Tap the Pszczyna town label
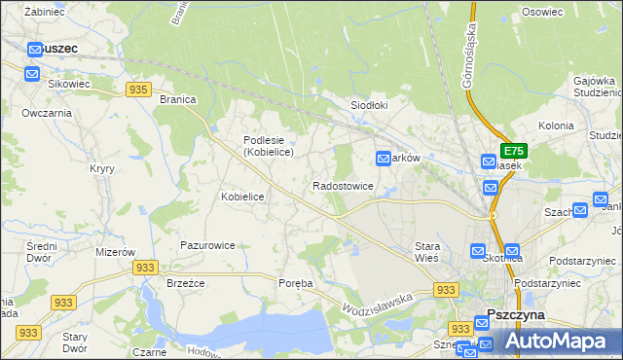[x=515, y=315]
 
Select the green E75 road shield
[x=513, y=151]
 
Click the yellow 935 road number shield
[x=137, y=89]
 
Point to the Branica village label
[x=178, y=99]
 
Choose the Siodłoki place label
[x=370, y=105]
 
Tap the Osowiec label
[x=542, y=12]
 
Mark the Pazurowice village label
[x=206, y=246]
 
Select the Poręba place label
[x=296, y=283]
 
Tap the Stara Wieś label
[x=426, y=252]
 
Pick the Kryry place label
[x=102, y=168]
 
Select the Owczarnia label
[x=47, y=113]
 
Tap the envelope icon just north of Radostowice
[x=384, y=158]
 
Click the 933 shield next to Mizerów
[x=146, y=268]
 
